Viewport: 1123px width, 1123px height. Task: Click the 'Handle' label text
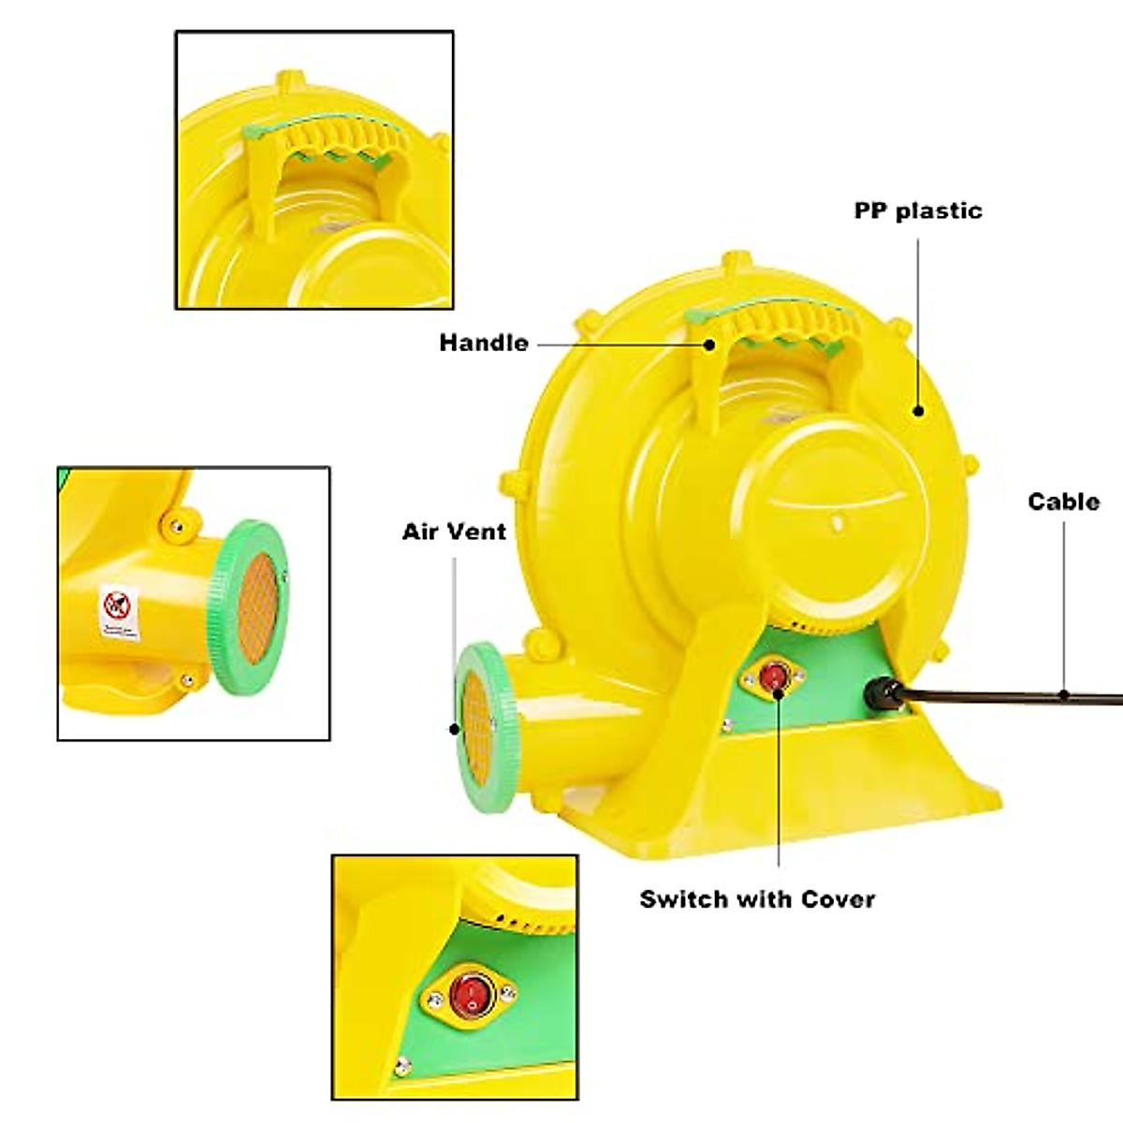(484, 343)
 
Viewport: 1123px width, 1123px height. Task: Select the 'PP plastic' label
(918, 211)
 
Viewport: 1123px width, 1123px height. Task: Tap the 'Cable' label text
(1063, 502)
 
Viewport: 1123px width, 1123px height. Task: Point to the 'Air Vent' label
(454, 532)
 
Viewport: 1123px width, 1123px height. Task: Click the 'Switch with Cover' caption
(757, 899)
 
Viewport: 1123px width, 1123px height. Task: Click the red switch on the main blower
(773, 676)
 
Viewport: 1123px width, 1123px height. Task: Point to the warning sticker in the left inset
(120, 613)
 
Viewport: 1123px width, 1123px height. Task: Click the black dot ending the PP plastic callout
(918, 410)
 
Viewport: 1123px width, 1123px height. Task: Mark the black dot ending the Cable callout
(1064, 695)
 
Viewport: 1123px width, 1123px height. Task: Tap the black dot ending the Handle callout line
(709, 344)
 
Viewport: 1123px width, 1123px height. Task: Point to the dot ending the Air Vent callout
(455, 728)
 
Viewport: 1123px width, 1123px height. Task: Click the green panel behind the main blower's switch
(824, 674)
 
